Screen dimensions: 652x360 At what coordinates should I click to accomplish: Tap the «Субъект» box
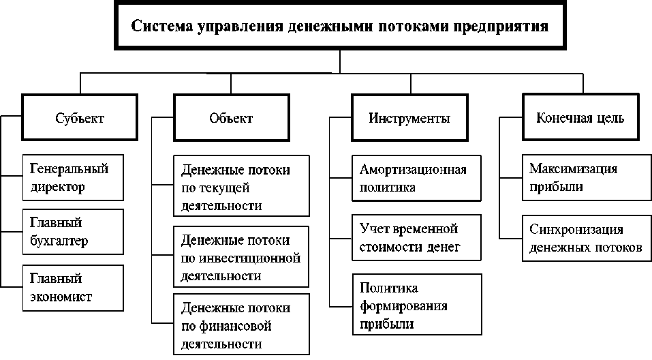[80, 117]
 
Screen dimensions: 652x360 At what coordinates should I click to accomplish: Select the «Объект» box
[231, 118]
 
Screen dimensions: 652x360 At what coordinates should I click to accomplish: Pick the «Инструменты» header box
[409, 118]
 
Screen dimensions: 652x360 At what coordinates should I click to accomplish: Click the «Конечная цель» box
[580, 117]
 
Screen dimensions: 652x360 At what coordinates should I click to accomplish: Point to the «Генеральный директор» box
[73, 178]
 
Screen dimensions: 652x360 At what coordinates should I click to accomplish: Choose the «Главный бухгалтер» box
[73, 232]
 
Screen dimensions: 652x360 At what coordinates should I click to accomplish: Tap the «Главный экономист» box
[73, 288]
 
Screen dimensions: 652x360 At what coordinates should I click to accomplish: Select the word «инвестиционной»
[249, 258]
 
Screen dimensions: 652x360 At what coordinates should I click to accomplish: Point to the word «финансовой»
[235, 326]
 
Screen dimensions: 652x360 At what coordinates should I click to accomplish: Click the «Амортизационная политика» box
[417, 178]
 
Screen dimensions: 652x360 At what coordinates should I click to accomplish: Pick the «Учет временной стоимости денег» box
[417, 238]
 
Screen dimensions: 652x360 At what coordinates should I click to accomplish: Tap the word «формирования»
[403, 306]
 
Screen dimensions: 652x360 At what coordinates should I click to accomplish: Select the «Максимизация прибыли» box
[587, 178]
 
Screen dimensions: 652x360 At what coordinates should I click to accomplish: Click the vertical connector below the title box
[340, 61]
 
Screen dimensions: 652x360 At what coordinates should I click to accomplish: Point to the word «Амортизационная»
[413, 170]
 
